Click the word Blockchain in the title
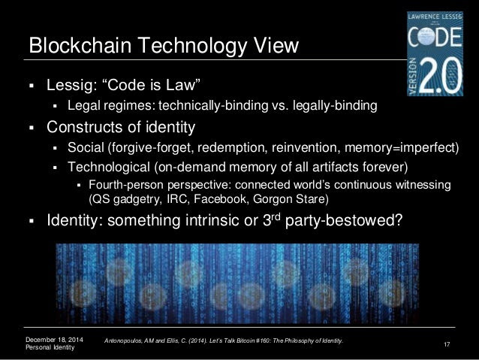80,45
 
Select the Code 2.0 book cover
435,53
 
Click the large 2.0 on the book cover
440,76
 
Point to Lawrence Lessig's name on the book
435,17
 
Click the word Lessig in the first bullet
72,85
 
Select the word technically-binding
213,105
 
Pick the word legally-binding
335,105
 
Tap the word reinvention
306,147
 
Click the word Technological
109,167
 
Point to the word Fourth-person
126,185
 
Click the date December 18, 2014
54,340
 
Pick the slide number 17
447,344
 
